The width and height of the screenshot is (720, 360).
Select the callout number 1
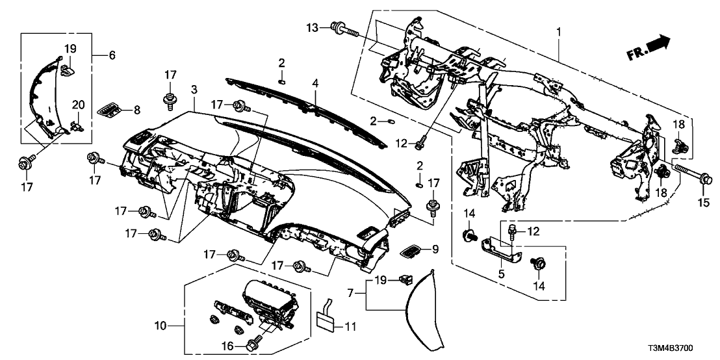pos(558,31)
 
